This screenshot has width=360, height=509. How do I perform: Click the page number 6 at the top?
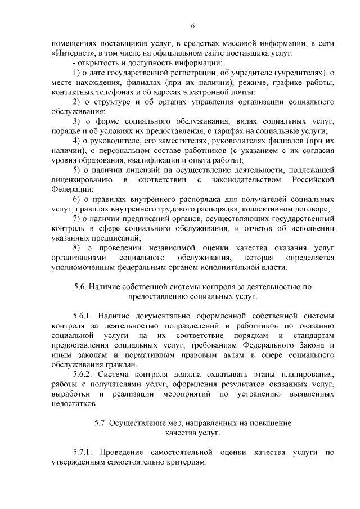pos(192,26)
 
